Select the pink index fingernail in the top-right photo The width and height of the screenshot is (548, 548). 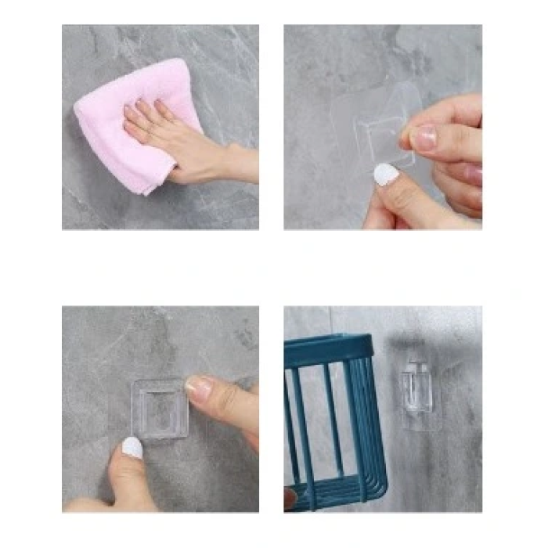[424, 139]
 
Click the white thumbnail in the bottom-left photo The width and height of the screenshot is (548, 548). [132, 447]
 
